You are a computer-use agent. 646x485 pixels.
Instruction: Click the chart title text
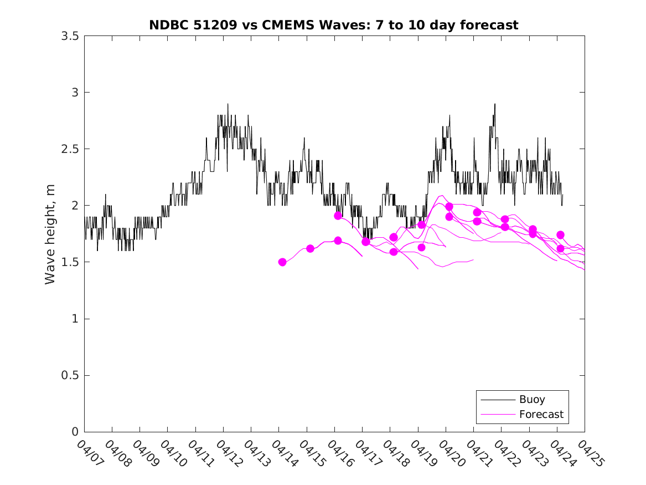pos(334,25)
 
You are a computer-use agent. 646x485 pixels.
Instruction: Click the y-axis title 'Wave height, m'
pos(50,234)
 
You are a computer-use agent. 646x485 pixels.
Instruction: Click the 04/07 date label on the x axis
pos(89,452)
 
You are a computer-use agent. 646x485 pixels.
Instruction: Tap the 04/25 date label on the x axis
pos(590,452)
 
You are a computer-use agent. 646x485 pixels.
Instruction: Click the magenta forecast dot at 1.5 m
pos(282,262)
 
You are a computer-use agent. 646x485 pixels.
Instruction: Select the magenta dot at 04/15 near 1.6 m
pos(310,248)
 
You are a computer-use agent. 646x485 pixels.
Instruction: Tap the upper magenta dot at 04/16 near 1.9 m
pos(338,216)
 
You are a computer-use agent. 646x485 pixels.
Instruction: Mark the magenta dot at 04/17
pos(366,242)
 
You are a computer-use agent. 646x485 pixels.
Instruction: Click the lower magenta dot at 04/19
pos(421,247)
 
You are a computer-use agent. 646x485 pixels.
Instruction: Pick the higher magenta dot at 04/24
pos(560,235)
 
